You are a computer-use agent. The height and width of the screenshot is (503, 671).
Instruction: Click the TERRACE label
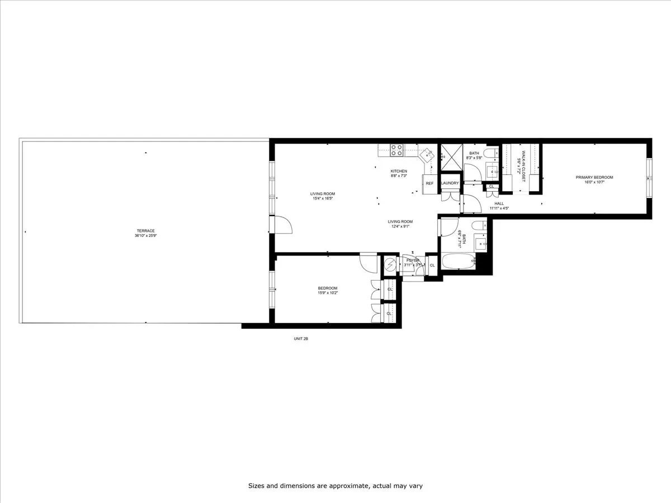tap(145, 231)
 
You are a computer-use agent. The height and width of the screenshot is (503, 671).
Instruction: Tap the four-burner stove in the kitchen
tap(396, 150)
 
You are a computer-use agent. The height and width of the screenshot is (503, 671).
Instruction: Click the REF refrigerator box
tap(429, 183)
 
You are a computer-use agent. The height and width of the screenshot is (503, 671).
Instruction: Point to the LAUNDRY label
tap(450, 183)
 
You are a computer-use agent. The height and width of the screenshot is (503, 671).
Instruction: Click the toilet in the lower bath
tap(479, 225)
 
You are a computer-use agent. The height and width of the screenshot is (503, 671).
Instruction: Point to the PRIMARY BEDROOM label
tap(594, 178)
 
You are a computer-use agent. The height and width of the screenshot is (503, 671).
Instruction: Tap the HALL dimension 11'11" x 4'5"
tap(499, 208)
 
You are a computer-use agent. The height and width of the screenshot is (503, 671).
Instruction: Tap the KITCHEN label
tap(399, 171)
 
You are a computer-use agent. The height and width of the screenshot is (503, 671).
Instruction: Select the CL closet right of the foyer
tap(432, 265)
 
